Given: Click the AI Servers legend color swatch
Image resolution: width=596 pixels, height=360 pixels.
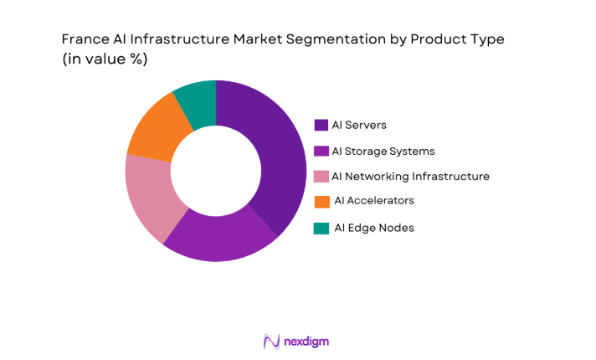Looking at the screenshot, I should coord(321,126).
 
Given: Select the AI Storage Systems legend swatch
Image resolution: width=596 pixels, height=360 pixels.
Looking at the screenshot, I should coord(321,152).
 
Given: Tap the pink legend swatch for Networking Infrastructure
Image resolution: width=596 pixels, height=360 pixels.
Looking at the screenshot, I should coord(321,177).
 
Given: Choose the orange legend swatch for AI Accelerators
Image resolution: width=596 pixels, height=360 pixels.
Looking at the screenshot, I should coord(321,202).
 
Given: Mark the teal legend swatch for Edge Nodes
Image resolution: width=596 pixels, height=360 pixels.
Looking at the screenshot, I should coord(321,228).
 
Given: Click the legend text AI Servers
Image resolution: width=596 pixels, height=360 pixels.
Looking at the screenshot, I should coord(359,126).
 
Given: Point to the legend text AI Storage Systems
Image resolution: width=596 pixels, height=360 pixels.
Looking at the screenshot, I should coord(383,152).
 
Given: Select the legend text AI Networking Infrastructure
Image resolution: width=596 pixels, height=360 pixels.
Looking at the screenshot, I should coord(410,177).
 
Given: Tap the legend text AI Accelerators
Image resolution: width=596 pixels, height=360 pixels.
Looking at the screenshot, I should coord(373,201).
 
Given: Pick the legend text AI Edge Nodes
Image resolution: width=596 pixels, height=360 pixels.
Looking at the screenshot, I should coord(373,228).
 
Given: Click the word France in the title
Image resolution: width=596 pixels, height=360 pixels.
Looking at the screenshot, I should coord(85,39).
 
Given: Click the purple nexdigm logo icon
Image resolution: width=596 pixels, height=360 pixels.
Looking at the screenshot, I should coord(271,342).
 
